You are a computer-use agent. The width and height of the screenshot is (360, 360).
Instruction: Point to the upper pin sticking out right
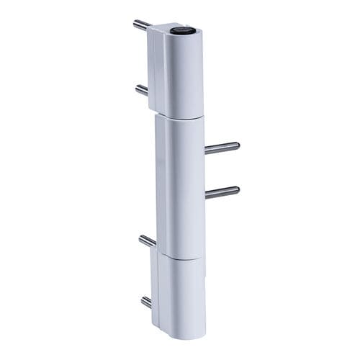(x=221, y=148)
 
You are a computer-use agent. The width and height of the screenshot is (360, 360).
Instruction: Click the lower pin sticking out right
(x=221, y=192)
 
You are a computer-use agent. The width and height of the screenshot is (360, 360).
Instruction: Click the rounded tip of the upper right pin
(x=237, y=146)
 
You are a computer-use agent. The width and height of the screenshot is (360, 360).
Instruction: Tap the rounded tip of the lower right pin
(x=237, y=190)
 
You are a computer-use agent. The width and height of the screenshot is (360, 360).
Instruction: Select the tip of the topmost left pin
(x=135, y=23)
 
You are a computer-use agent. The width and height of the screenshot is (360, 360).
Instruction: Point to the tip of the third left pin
(x=140, y=238)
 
